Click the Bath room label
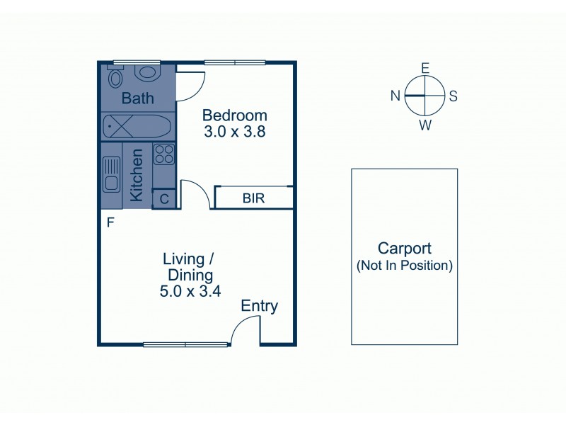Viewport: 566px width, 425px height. pos(137,98)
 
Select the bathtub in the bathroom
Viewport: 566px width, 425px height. pos(136,127)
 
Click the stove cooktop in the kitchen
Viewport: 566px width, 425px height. pos(164,154)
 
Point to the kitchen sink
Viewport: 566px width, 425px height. pos(111,175)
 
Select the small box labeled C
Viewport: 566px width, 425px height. pos(164,199)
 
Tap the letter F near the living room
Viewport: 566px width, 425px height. pos(110,222)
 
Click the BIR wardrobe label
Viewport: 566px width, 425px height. pos(253,198)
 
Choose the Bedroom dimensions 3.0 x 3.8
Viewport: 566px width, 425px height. pos(234,131)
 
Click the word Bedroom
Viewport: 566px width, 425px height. pos(234,115)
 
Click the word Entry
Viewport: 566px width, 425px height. pos(259,306)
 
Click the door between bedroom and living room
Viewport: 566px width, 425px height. pos(195,193)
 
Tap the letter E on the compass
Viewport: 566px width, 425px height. pos(425,68)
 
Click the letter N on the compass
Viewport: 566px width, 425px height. pos(396,96)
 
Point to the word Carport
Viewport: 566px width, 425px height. pos(404,249)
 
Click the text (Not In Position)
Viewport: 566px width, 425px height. pos(404,266)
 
